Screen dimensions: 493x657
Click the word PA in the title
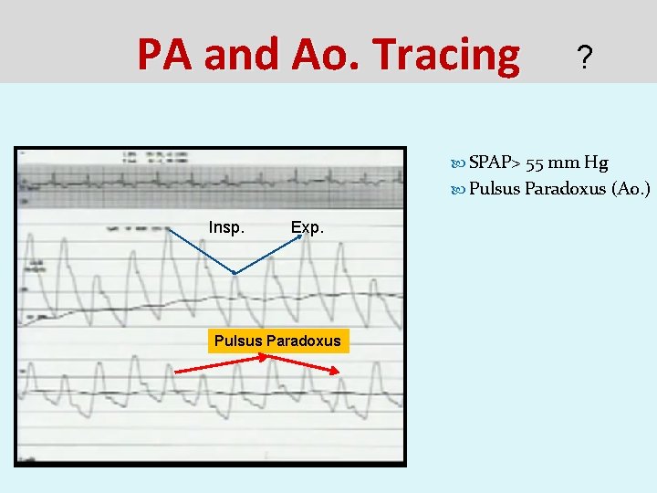pos(167,55)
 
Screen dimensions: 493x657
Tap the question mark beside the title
pos(585,60)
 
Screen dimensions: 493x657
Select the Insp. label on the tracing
pos(226,226)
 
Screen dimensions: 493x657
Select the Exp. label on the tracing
pos(307,226)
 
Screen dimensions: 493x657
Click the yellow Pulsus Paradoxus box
pos(277,341)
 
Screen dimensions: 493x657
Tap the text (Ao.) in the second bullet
pos(631,189)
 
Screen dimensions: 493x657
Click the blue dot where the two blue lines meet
pos(235,272)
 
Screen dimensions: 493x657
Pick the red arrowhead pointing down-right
pos(337,370)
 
